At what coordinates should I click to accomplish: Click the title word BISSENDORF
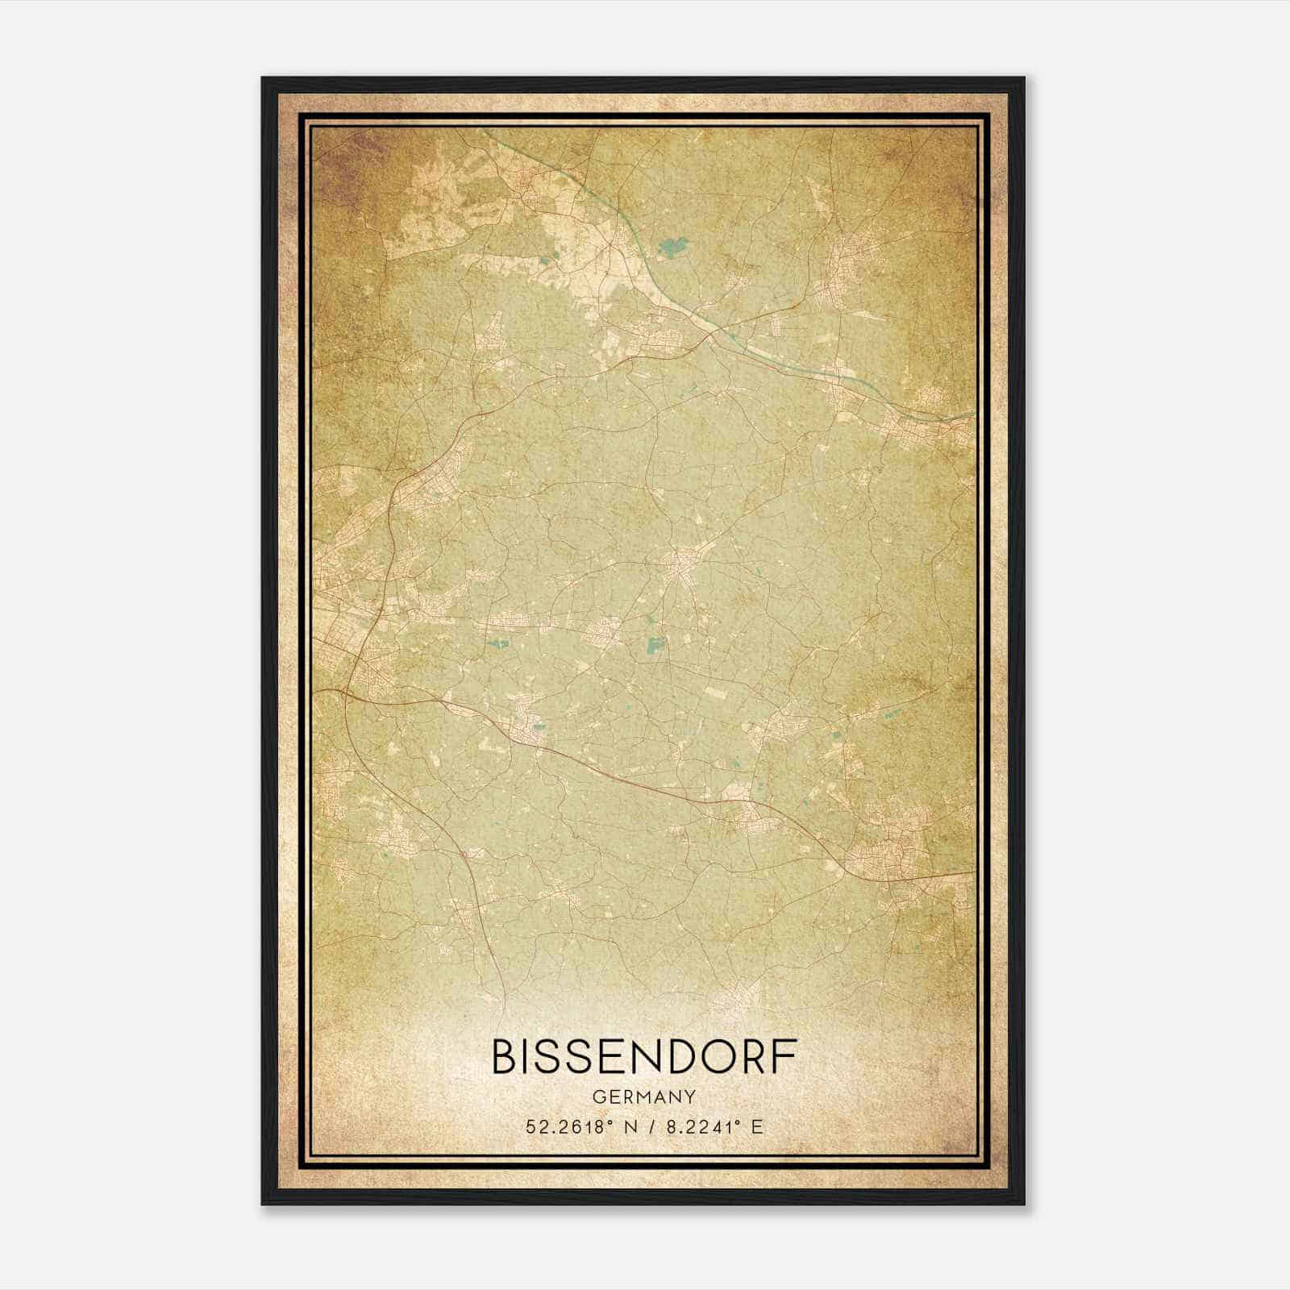point(644,1057)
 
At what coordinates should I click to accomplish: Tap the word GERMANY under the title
point(644,1096)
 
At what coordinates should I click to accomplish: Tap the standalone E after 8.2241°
point(756,1127)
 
